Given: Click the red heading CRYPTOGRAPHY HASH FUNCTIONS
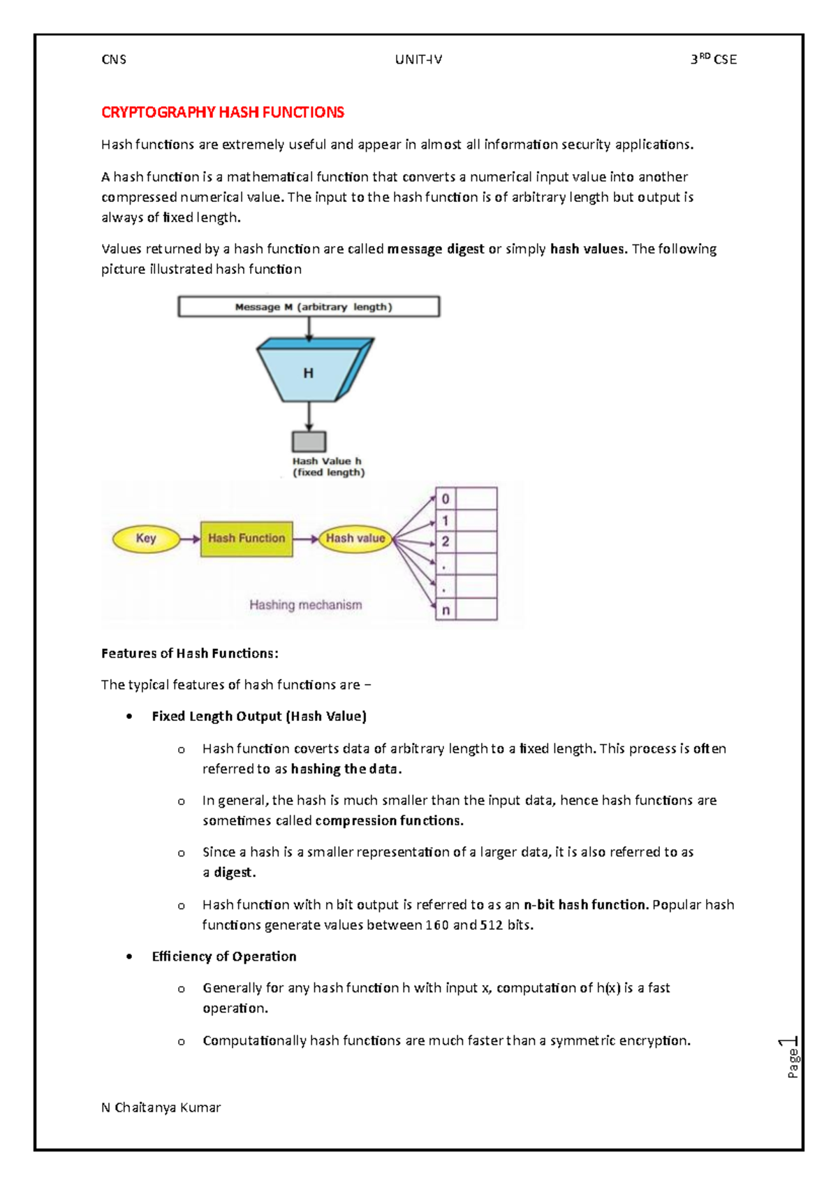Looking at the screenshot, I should click(x=222, y=112).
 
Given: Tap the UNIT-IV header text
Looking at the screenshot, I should click(x=418, y=59).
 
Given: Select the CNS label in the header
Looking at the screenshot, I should click(x=114, y=59).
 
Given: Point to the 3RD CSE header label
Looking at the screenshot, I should click(x=713, y=59).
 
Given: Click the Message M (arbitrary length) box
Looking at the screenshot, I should click(x=309, y=307).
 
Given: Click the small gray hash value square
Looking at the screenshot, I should click(x=309, y=442).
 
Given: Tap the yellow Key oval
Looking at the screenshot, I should click(x=146, y=539).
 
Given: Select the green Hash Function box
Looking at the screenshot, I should click(x=247, y=539).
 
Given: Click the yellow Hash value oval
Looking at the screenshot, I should click(x=355, y=539).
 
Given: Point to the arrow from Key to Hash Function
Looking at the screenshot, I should click(x=190, y=539).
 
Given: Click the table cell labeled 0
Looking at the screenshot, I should click(x=446, y=499).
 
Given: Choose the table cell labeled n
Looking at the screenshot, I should click(x=446, y=610).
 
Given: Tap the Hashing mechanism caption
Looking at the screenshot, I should click(x=305, y=605).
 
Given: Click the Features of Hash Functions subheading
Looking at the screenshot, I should click(x=189, y=653).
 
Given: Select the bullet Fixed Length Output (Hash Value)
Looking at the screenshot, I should click(x=258, y=716).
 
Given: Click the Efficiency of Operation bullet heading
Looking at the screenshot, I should click(x=223, y=957).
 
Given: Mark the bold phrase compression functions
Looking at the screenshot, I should click(x=389, y=821).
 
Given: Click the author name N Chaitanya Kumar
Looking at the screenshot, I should click(x=161, y=1107).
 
